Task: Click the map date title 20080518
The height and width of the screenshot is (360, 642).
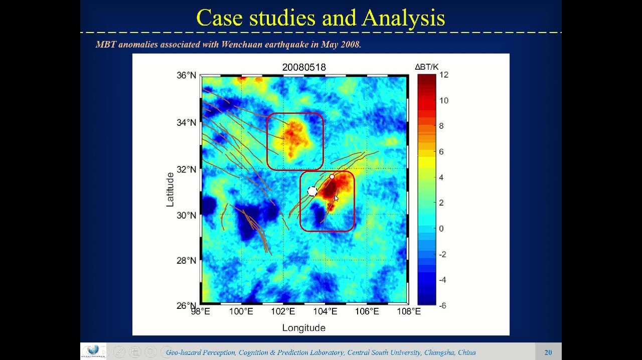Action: click(x=304, y=67)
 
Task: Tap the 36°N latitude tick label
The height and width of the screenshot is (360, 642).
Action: click(x=186, y=75)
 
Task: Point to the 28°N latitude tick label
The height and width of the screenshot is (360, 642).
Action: click(x=186, y=261)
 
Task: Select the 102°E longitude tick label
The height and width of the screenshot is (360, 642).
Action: click(x=283, y=311)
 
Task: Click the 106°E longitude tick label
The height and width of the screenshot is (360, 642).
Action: click(x=367, y=311)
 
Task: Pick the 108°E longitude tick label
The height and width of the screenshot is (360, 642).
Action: click(x=409, y=311)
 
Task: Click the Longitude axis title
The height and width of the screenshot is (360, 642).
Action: click(x=304, y=328)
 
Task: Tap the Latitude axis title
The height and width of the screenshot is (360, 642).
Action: click(x=170, y=190)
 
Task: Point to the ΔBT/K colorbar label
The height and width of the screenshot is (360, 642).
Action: click(x=426, y=67)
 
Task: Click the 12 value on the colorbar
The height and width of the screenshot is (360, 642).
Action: click(x=444, y=75)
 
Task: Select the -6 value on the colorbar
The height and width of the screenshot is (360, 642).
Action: click(x=442, y=305)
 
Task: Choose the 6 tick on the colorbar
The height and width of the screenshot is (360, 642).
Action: click(x=441, y=151)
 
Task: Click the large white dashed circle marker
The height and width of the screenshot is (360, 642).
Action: click(x=312, y=191)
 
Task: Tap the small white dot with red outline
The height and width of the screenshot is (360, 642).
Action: click(x=332, y=176)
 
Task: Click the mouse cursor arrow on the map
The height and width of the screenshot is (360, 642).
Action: click(x=337, y=199)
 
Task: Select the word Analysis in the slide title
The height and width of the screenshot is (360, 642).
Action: click(x=403, y=18)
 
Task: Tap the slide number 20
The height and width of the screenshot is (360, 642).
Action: click(x=548, y=352)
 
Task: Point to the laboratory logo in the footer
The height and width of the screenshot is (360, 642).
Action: click(x=93, y=351)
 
